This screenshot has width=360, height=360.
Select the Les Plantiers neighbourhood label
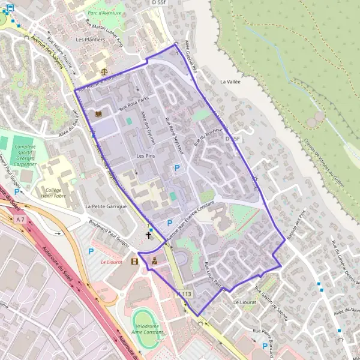(90, 40)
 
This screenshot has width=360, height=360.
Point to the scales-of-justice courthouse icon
(105, 70)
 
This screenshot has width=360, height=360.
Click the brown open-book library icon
(98, 113)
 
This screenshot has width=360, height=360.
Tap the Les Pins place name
(146, 156)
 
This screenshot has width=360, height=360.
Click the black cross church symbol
(149, 235)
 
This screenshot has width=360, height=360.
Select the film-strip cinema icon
(134, 262)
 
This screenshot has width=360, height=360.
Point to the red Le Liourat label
(111, 262)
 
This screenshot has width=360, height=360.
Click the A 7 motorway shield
(21, 220)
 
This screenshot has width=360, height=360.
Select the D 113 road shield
(184, 294)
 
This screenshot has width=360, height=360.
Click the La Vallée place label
(230, 81)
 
